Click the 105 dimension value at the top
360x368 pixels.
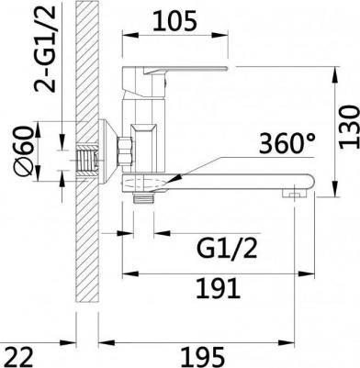[x=174, y=21]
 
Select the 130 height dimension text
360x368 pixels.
[x=349, y=127]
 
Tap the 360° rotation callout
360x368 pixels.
[x=287, y=143]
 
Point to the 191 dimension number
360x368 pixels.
[x=218, y=288]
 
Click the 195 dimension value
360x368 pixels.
[x=204, y=357]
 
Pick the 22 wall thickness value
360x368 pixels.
[x=19, y=357]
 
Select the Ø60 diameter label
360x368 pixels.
[x=23, y=151]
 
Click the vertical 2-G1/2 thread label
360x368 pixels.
[x=45, y=49]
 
